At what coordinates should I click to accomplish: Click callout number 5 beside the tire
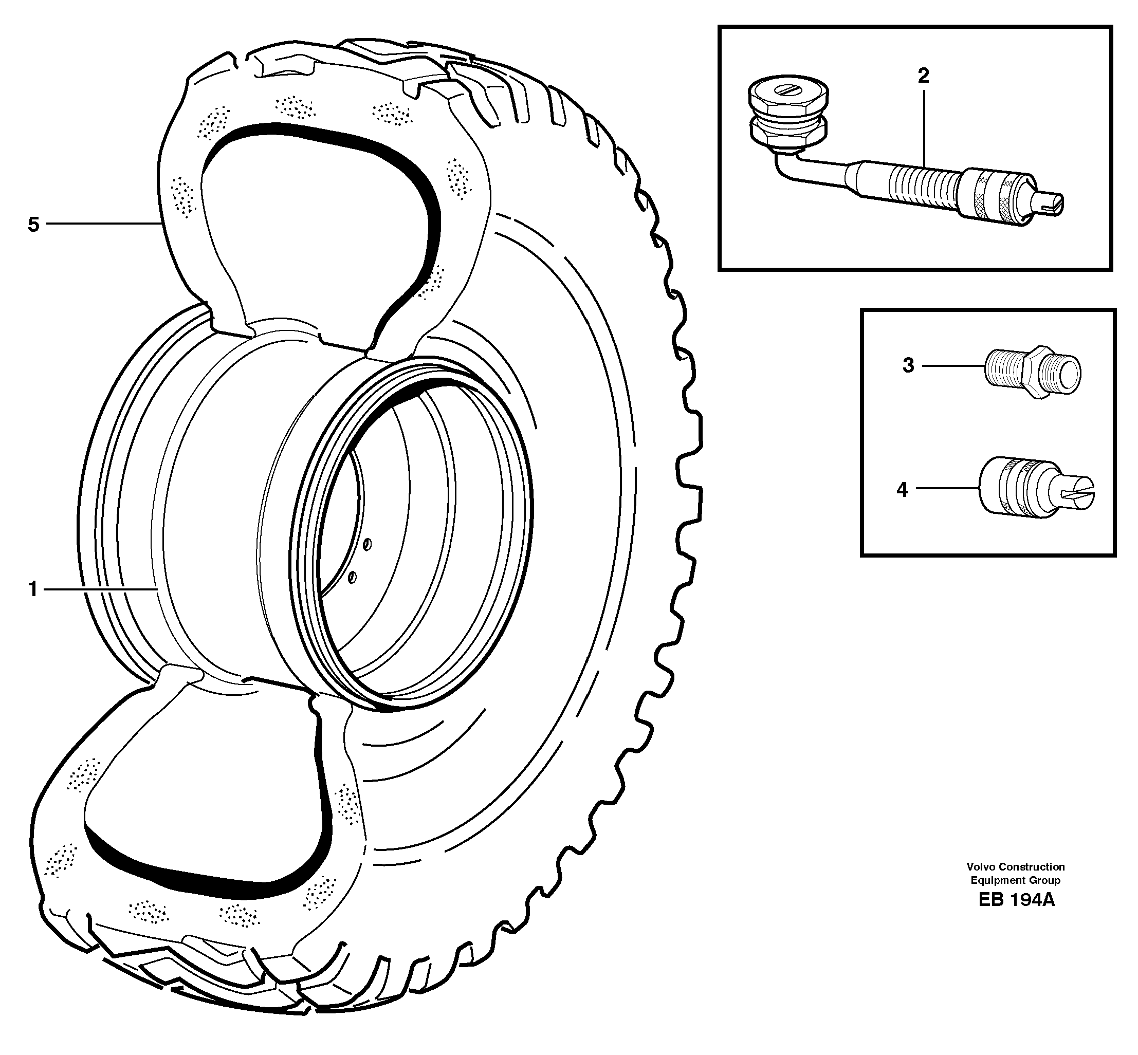point(34,225)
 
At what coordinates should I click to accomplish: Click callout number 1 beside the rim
point(33,588)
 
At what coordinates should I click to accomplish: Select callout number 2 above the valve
point(923,76)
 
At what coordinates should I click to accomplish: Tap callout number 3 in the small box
point(908,365)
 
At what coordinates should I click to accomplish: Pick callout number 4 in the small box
point(902,489)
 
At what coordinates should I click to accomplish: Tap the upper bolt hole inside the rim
point(367,544)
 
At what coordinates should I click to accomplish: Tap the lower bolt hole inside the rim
point(352,578)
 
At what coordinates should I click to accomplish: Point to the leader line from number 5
point(103,224)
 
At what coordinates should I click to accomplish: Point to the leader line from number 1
point(100,588)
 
